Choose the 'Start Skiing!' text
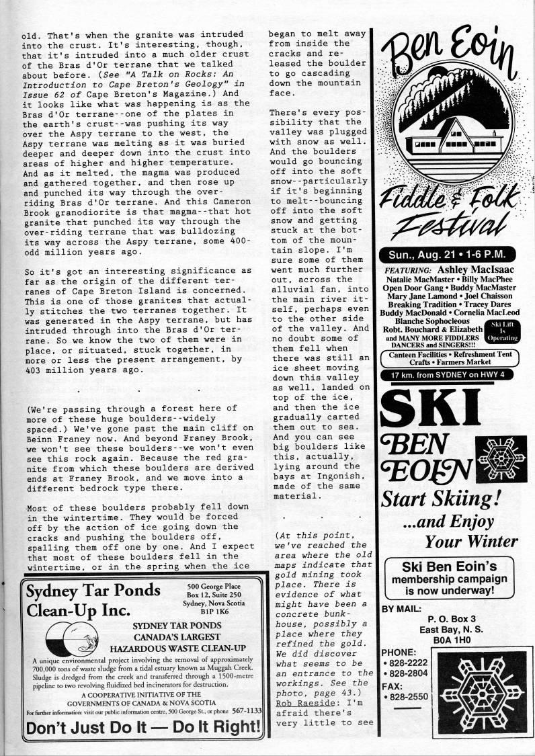(x=434, y=498)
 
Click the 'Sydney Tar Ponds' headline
(x=93, y=591)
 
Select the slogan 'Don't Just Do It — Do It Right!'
(x=142, y=728)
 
